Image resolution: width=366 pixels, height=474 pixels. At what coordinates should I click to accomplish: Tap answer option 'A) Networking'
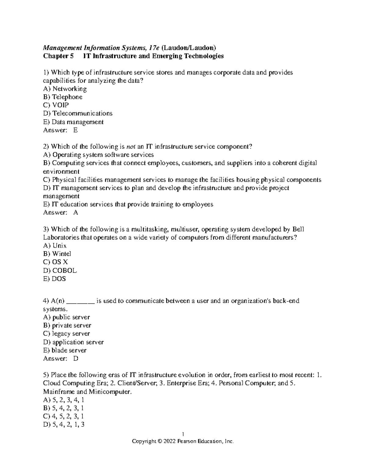coord(65,89)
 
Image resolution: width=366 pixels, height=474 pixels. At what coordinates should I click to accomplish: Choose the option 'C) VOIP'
coord(56,105)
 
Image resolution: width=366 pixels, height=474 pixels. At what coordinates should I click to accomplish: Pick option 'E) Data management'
coord(74,122)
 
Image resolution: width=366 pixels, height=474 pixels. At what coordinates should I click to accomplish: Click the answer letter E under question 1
coord(76,130)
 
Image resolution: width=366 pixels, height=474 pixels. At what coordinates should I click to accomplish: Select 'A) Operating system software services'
coord(99,155)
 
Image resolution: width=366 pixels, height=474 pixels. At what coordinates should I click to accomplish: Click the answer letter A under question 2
coord(76,213)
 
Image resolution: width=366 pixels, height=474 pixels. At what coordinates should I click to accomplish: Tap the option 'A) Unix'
coord(55,246)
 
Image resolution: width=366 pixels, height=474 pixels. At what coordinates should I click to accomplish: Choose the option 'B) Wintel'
coord(57,254)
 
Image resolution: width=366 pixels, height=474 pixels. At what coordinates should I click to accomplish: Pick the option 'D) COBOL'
coord(60,271)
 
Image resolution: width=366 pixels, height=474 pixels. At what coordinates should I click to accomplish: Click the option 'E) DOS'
coord(55,279)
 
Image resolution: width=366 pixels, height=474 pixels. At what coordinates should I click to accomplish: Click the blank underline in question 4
coord(81,301)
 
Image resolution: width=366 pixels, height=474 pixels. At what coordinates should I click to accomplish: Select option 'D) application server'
coord(74,342)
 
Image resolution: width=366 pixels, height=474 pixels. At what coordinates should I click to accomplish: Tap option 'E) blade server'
coord(65,350)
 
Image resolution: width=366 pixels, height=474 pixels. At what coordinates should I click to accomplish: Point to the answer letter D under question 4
coord(76,359)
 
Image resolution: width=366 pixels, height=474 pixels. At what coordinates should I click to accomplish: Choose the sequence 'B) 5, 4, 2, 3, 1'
coord(64,408)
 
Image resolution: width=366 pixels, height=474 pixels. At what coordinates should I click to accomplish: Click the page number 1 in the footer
coord(183,434)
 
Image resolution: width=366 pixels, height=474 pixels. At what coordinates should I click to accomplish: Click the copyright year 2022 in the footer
coord(170,441)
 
